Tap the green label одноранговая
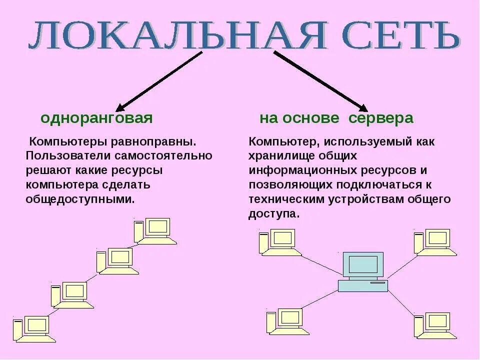(x=96, y=118)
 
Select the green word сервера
(x=381, y=118)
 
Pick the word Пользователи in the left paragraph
(x=60, y=156)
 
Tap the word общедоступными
(x=80, y=199)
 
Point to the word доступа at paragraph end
(x=273, y=214)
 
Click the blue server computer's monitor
(x=363, y=264)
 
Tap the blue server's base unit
(x=363, y=285)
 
